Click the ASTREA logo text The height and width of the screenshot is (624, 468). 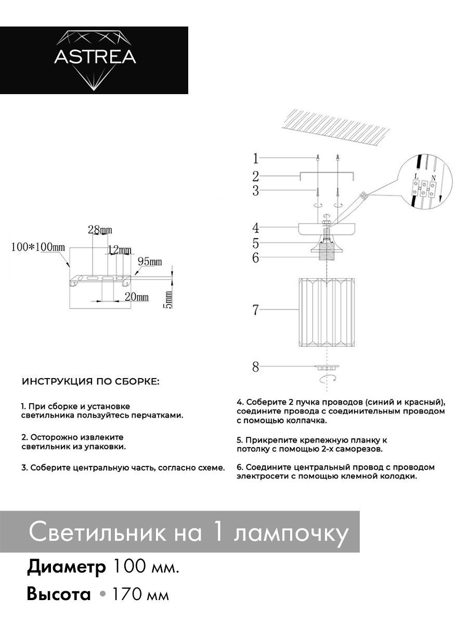tap(95, 57)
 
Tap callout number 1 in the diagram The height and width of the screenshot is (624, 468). tap(255, 158)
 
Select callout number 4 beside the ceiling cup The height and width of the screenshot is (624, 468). tap(255, 227)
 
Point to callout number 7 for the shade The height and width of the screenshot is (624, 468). tap(255, 310)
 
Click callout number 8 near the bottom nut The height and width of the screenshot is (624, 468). tap(255, 367)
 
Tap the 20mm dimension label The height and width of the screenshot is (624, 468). tap(137, 297)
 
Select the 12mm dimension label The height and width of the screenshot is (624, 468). tap(120, 251)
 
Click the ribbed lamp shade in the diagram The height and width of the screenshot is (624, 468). tap(326, 313)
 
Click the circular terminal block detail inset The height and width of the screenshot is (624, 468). tap(425, 186)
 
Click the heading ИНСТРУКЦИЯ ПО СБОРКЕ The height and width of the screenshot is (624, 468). tap(91, 382)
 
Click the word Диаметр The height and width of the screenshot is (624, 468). tap(66, 567)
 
